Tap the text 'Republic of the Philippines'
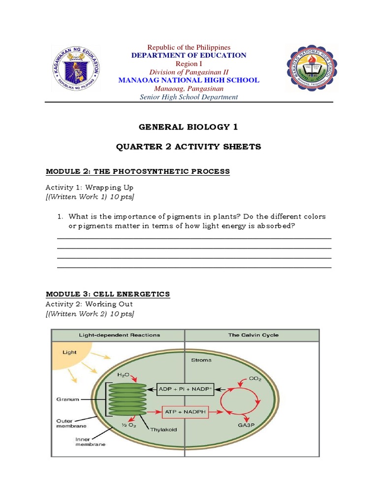pyautogui.click(x=189, y=47)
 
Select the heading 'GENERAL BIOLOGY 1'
pyautogui.click(x=189, y=127)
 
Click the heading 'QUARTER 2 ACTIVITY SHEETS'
pyautogui.click(x=189, y=147)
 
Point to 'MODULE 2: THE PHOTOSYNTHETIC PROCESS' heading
pyautogui.click(x=138, y=171)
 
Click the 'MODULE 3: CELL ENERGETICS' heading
pyautogui.click(x=108, y=294)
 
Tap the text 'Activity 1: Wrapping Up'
pyautogui.click(x=90, y=188)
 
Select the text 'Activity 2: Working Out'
pyautogui.click(x=90, y=304)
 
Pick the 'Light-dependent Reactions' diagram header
pyautogui.click(x=120, y=335)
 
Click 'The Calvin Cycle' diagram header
pyautogui.click(x=253, y=335)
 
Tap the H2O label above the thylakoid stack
pyautogui.click(x=123, y=375)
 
